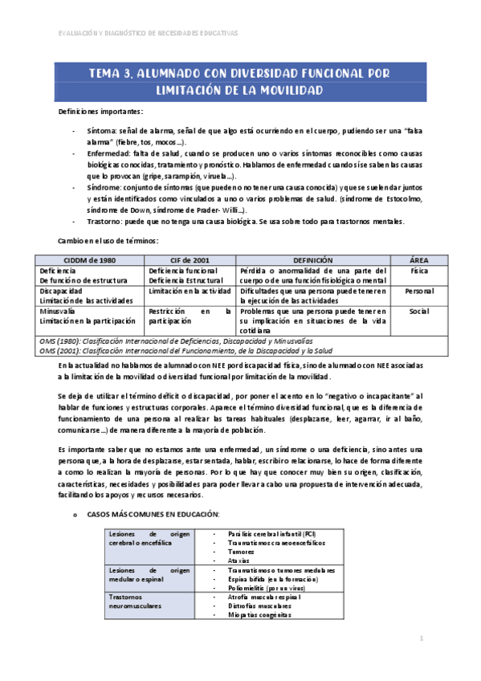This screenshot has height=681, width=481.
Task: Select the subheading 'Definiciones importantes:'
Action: click(x=100, y=111)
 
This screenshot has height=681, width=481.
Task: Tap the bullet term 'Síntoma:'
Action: click(x=101, y=130)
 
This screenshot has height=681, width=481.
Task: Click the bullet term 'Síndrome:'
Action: click(x=104, y=186)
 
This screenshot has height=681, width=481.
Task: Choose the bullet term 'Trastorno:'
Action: click(x=105, y=221)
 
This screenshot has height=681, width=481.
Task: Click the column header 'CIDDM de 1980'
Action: click(x=89, y=260)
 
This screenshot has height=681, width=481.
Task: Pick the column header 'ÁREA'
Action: click(x=418, y=260)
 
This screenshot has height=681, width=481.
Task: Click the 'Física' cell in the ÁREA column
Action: click(x=418, y=271)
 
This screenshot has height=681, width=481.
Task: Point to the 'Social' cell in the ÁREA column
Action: click(x=418, y=310)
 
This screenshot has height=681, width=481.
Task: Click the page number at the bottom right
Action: click(x=421, y=638)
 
